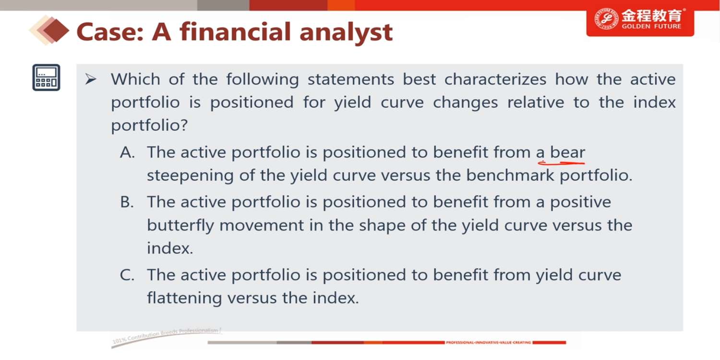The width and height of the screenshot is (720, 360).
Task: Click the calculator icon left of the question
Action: (x=46, y=77)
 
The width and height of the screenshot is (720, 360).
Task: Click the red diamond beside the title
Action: (x=56, y=31)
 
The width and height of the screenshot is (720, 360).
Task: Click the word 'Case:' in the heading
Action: (x=110, y=32)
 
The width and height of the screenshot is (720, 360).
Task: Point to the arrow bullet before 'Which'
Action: (x=91, y=79)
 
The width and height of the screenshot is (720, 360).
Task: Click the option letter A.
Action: (x=127, y=152)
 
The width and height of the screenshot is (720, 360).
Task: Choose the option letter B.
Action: (x=127, y=202)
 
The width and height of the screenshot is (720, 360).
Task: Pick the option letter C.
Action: (x=127, y=275)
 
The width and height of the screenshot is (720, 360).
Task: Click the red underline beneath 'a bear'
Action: (x=561, y=163)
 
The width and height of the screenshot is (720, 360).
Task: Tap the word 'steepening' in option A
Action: (x=190, y=176)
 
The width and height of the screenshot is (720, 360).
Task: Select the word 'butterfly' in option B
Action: (x=180, y=225)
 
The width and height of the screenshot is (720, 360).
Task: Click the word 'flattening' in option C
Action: (x=184, y=298)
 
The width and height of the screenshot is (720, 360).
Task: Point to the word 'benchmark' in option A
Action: (x=510, y=175)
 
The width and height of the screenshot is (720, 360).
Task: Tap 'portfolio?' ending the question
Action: (x=149, y=125)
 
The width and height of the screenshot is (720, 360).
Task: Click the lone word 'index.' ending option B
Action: (x=170, y=249)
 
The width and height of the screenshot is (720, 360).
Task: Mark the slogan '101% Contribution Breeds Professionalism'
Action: (x=167, y=336)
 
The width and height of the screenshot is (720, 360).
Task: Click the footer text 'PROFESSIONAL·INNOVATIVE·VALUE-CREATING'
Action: (x=488, y=343)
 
